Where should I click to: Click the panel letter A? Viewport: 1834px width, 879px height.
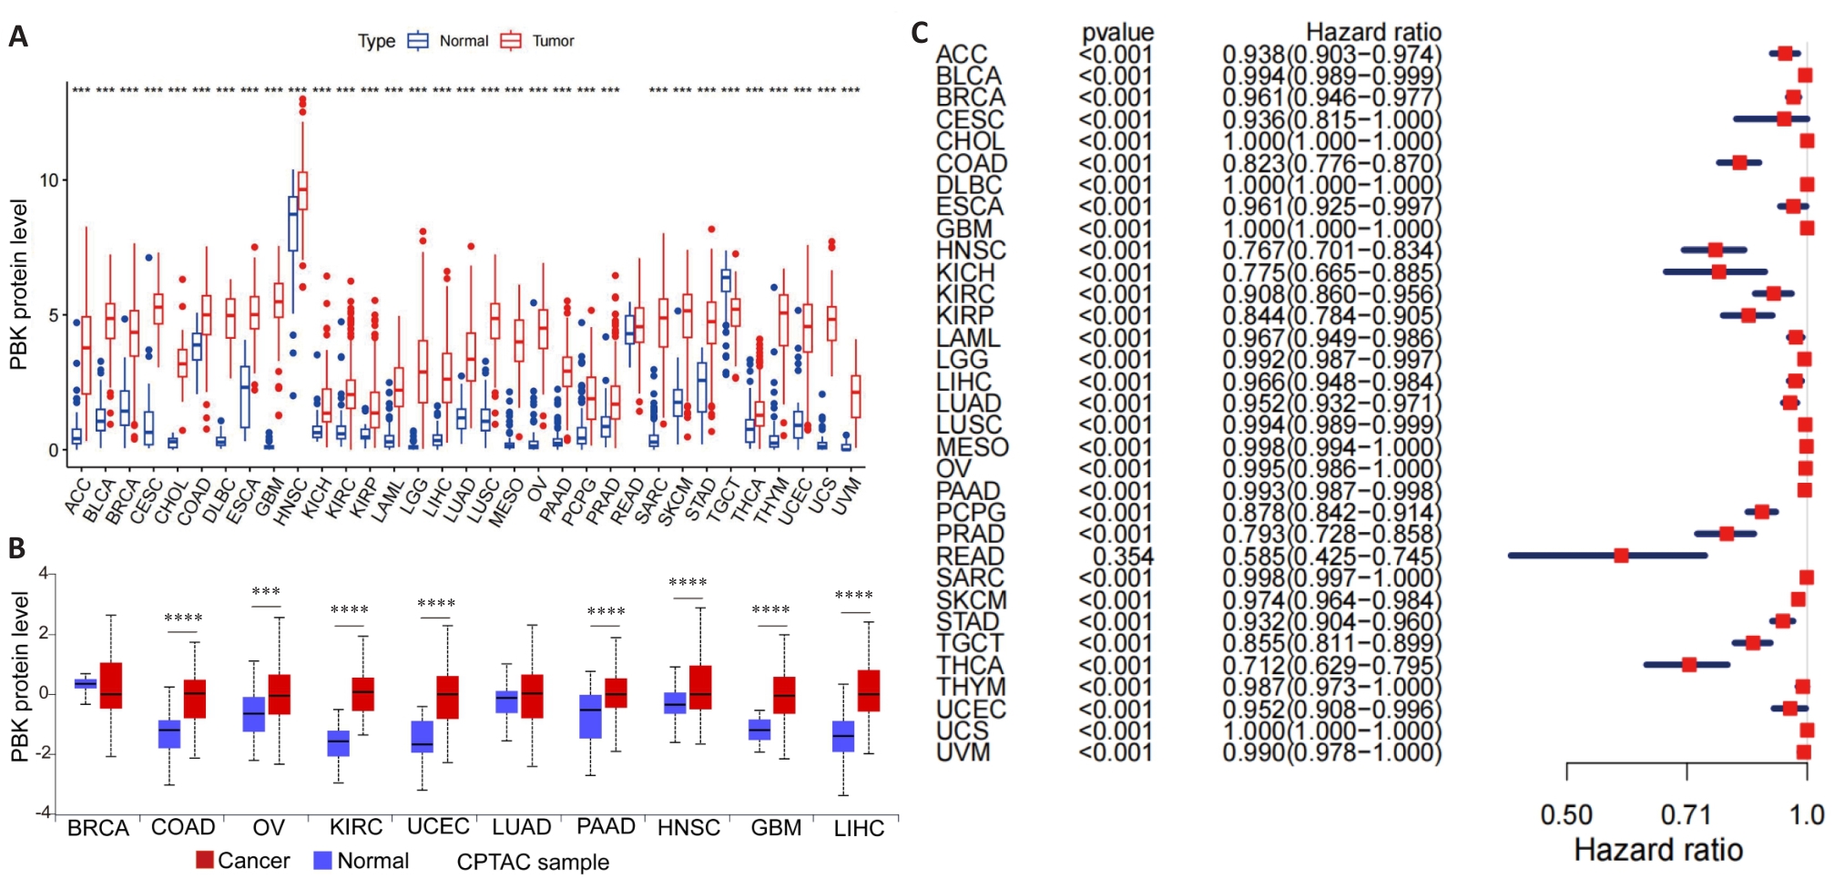tap(18, 37)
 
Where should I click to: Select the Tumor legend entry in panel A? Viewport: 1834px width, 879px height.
tap(538, 41)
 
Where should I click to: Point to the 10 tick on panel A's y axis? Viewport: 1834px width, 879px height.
tap(48, 180)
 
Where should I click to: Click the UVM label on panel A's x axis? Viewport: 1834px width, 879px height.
tap(848, 496)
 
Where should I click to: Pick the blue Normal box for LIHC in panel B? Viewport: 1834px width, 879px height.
tap(843, 736)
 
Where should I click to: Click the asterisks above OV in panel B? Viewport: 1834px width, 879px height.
tap(266, 592)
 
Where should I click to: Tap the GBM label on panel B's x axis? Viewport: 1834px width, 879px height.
tap(776, 828)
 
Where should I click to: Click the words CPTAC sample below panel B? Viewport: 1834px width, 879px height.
tap(533, 862)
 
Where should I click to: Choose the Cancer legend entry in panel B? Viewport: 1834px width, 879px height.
tap(242, 861)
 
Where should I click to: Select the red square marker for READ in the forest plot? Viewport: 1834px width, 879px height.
tap(1621, 556)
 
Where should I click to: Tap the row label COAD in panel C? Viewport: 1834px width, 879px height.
tap(972, 164)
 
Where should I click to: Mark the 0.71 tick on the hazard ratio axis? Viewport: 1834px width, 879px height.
tap(1686, 814)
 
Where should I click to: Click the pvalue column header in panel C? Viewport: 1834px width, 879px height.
tap(1117, 34)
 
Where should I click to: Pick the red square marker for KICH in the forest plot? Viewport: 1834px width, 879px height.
tap(1718, 271)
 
